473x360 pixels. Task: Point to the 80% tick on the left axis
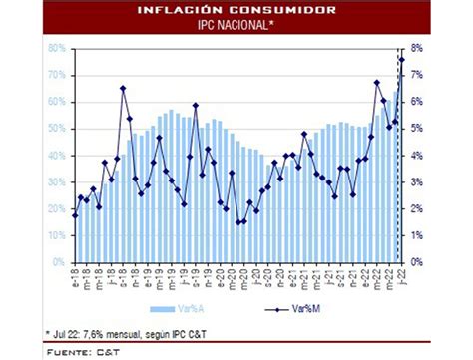[x=56, y=48]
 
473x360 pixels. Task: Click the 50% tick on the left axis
[x=56, y=129]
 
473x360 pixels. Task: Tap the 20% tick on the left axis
[x=56, y=208]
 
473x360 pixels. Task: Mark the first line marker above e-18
[x=75, y=215]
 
